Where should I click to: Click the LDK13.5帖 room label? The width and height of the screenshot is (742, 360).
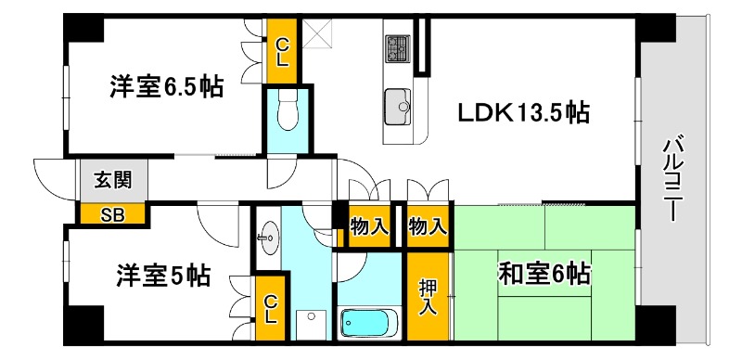coord(523,113)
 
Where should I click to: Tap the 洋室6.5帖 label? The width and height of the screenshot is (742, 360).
coord(167,88)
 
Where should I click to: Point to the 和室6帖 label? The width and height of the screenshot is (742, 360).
coord(545,274)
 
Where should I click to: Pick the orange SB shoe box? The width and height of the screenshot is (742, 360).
coord(112,215)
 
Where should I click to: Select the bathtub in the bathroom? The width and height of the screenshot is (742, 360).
coord(368,323)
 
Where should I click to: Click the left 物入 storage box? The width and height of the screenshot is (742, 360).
coord(368,225)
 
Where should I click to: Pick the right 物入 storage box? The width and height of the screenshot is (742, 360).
coord(428,225)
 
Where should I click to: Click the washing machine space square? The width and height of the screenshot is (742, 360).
coord(311,324)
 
